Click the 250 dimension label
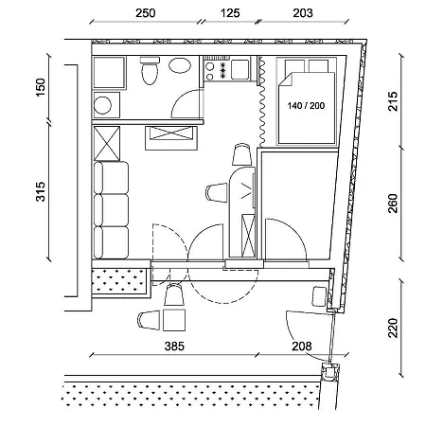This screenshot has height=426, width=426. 146,13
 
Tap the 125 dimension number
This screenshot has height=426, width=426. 230,13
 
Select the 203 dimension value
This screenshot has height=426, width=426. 303,13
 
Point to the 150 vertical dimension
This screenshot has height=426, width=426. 41,87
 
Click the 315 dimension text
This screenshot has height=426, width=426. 41,191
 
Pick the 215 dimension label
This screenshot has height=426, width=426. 393,101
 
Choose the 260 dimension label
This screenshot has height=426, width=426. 393,204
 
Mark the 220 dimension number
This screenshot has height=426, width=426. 393,328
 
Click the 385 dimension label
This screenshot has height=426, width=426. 174,346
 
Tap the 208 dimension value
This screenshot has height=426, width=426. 302,346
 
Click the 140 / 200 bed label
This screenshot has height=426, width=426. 306,106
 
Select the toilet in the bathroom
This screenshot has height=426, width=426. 150,71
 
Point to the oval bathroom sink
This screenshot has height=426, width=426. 180,65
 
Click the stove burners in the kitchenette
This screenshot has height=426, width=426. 217,70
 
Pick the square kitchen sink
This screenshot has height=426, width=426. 240,69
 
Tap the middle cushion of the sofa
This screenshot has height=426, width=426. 112,210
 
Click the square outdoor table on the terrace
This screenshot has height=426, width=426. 174,320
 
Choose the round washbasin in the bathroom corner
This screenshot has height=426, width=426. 102,105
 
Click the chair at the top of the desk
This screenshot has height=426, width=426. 242,154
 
